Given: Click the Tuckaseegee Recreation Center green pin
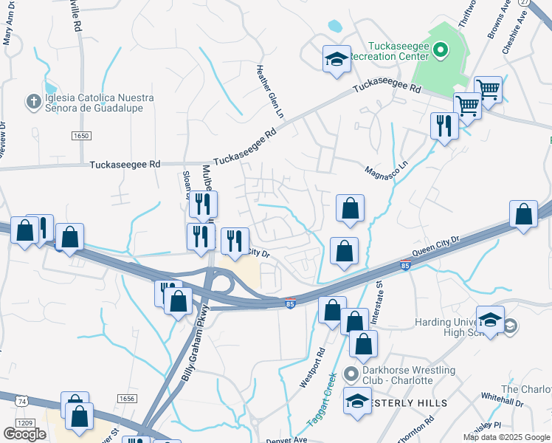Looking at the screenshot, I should point(441,51).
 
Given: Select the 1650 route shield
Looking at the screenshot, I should point(81,136).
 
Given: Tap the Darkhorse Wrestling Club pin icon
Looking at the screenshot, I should point(353,374).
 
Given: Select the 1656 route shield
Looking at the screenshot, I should point(127,398).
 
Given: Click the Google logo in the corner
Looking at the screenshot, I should point(24,433).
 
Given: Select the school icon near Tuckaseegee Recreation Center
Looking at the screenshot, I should point(337,59).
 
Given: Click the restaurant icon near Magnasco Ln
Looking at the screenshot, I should point(444,125).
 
